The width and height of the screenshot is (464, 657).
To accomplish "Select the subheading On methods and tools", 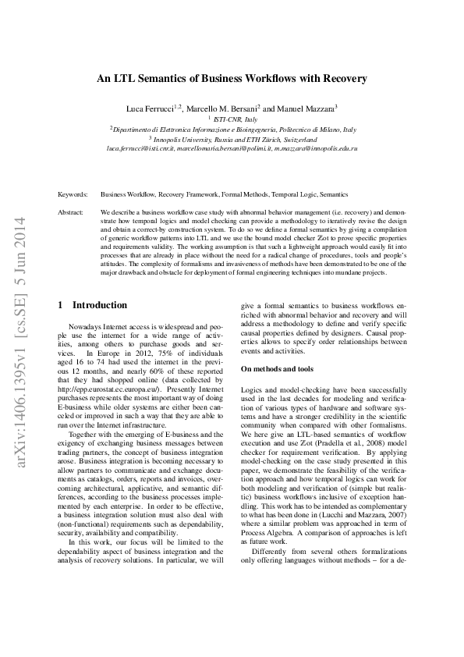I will tap(277, 368).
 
